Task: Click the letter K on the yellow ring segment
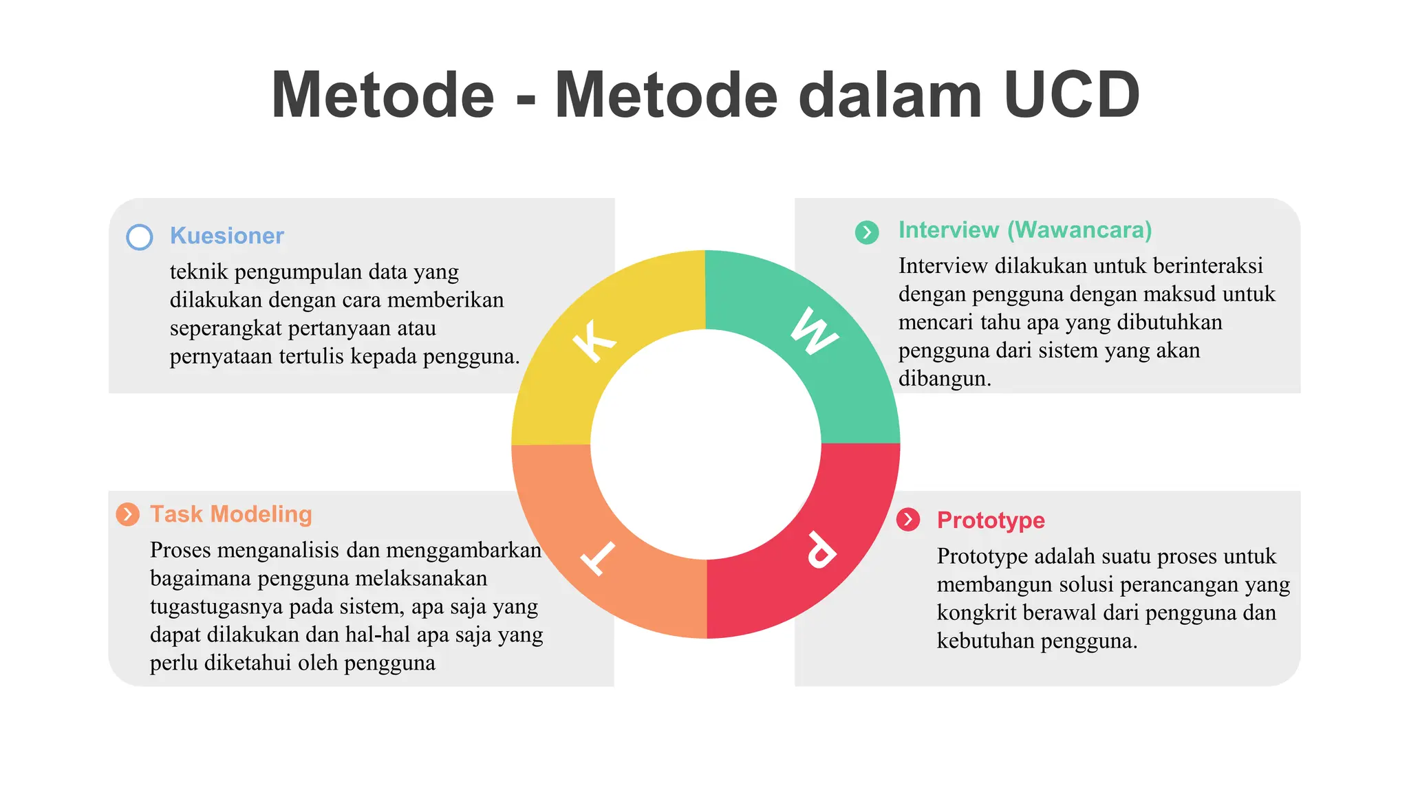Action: pos(594,340)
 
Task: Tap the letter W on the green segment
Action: pos(814,331)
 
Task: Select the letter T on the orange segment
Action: pos(597,557)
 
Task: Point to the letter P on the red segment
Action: pos(821,550)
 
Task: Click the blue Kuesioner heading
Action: pos(226,236)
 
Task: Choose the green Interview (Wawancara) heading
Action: pos(1024,230)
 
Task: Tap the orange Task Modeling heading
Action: pos(230,514)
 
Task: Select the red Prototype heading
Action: pos(990,520)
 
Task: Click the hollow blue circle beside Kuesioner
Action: pos(140,237)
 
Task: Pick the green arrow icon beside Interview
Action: pos(867,232)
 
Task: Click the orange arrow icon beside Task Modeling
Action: pos(127,514)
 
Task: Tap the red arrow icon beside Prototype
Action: pos(908,520)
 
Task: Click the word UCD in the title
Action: pos(1071,95)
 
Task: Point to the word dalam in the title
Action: pos(890,95)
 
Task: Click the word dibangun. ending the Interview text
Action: pos(944,379)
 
